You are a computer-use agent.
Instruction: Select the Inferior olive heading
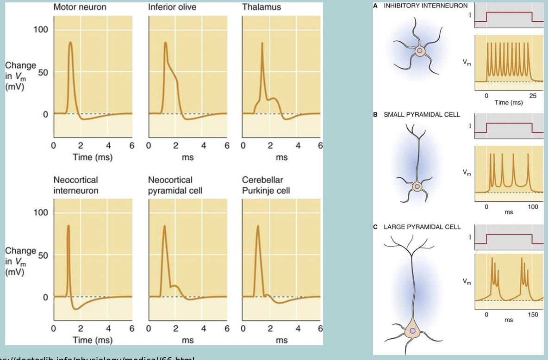pyautogui.click(x=172, y=8)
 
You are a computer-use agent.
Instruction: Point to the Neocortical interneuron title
pyautogui.click(x=75, y=185)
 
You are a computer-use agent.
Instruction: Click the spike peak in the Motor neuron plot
pyautogui.click(x=70, y=43)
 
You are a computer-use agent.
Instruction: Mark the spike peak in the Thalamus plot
pyautogui.click(x=262, y=43)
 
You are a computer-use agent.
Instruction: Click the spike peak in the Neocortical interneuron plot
pyautogui.click(x=68, y=226)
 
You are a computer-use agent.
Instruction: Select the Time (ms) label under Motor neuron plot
pyautogui.click(x=92, y=157)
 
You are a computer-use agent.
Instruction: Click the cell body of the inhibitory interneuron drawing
pyautogui.click(x=419, y=50)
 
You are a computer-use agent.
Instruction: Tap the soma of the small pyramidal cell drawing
pyautogui.click(x=417, y=186)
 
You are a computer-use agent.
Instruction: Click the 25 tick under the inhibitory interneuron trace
pyautogui.click(x=532, y=95)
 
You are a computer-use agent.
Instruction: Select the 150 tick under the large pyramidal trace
pyautogui.click(x=532, y=315)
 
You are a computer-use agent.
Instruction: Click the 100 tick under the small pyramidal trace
pyautogui.click(x=532, y=206)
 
